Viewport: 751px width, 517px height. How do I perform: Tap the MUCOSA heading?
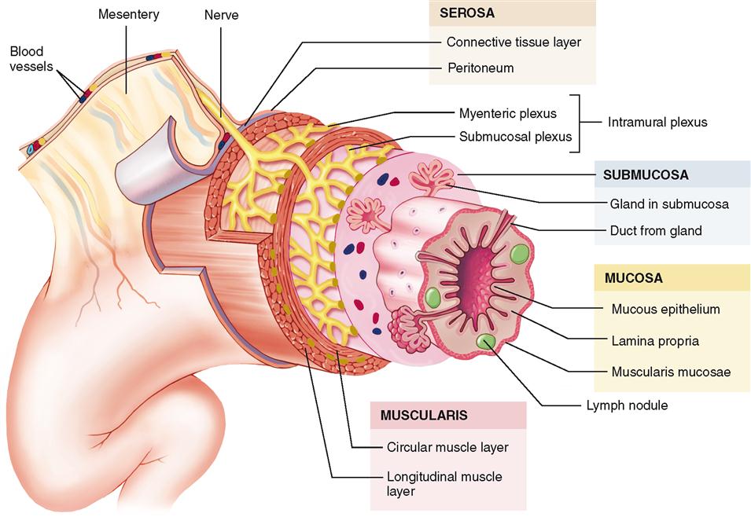tap(634, 278)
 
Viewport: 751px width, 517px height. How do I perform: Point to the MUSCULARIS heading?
tap(425, 415)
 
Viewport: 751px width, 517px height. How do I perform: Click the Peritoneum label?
tap(480, 68)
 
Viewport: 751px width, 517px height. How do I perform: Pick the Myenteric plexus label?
tap(507, 113)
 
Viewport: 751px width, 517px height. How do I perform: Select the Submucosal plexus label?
tap(515, 136)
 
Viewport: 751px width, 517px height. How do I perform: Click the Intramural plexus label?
tap(657, 123)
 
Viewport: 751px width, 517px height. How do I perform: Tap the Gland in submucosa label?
tap(669, 204)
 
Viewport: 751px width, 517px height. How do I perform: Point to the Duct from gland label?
tap(656, 230)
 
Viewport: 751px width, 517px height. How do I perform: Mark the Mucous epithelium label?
tap(665, 309)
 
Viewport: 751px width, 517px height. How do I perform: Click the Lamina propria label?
tap(655, 341)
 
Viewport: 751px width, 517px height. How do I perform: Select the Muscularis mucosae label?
tap(671, 371)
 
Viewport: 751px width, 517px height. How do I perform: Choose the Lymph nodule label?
tap(627, 405)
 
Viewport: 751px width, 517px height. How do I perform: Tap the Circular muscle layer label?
tap(447, 447)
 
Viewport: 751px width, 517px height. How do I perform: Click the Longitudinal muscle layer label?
tap(444, 484)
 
